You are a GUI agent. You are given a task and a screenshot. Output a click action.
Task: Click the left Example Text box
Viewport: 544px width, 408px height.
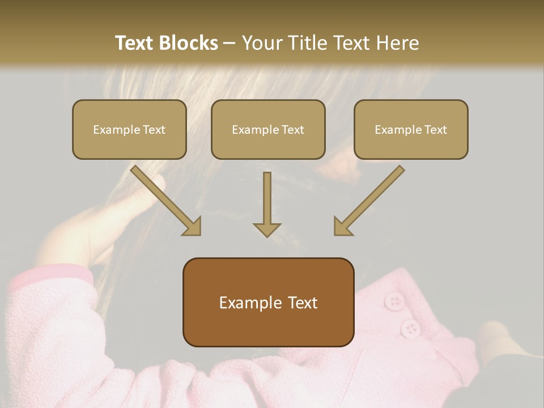tap(129, 129)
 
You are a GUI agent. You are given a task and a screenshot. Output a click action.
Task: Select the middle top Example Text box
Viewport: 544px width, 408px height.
tap(268, 129)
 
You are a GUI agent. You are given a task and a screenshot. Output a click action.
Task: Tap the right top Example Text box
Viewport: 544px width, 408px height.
tap(411, 129)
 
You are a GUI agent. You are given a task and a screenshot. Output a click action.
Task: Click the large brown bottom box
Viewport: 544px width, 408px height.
tap(268, 302)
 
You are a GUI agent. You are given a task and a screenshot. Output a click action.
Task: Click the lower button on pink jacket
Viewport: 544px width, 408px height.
tap(410, 328)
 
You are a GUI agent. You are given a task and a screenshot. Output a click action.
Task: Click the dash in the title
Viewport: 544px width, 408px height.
tap(229, 43)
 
